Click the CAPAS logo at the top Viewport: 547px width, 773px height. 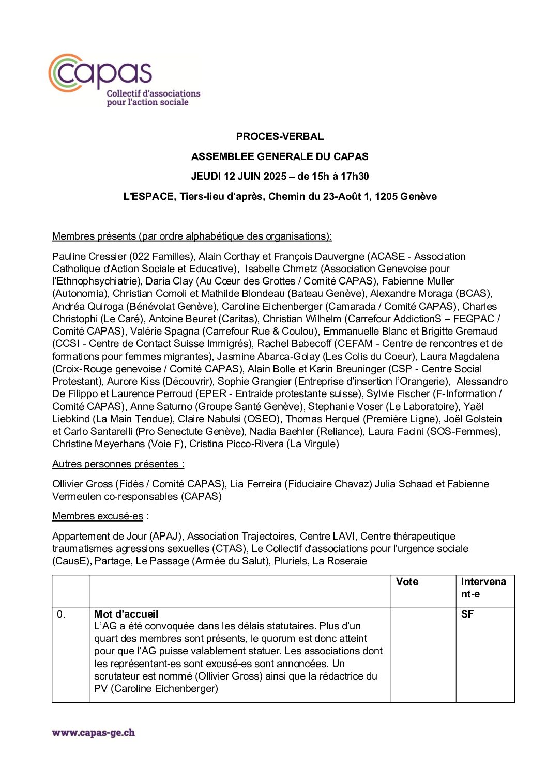(x=124, y=80)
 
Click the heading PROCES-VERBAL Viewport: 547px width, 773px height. (x=280, y=137)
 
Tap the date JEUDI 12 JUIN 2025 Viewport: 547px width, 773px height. (x=238, y=177)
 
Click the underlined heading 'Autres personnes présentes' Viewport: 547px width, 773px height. (x=118, y=464)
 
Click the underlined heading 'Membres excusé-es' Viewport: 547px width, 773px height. (x=98, y=516)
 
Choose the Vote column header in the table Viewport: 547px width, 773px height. (x=407, y=582)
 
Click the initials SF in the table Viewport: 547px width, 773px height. (x=467, y=614)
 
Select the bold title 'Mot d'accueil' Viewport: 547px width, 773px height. (x=126, y=614)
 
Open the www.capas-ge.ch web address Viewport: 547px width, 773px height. (x=94, y=733)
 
